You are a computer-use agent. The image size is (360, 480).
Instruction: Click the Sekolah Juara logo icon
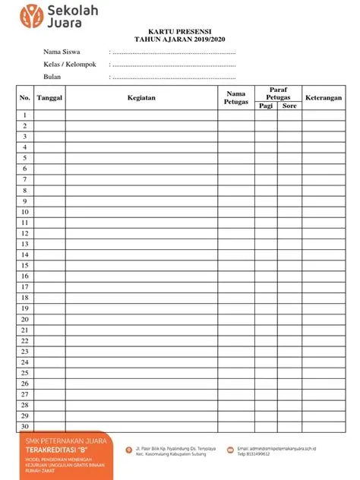pyautogui.click(x=31, y=14)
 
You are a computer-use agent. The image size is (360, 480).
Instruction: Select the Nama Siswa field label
pyautogui.click(x=62, y=52)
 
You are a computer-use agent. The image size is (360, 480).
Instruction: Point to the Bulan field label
pyautogui.click(x=52, y=77)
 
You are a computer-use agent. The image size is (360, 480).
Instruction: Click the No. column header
pyautogui.click(x=24, y=98)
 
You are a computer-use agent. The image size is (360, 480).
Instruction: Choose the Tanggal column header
pyautogui.click(x=49, y=98)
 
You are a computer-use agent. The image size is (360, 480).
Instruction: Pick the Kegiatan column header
pyautogui.click(x=141, y=98)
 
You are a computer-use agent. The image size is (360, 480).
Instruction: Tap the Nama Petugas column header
pyautogui.click(x=236, y=97)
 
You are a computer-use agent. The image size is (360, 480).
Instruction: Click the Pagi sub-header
pyautogui.click(x=265, y=106)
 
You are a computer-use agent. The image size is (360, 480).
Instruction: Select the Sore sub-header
pyautogui.click(x=289, y=106)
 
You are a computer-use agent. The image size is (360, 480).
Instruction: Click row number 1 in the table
pyautogui.click(x=24, y=115)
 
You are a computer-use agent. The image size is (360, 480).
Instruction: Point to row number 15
pyautogui.click(x=24, y=266)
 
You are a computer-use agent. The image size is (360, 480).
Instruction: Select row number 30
pyautogui.click(x=24, y=427)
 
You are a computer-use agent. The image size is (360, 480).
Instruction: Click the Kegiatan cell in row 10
pyautogui.click(x=141, y=212)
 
